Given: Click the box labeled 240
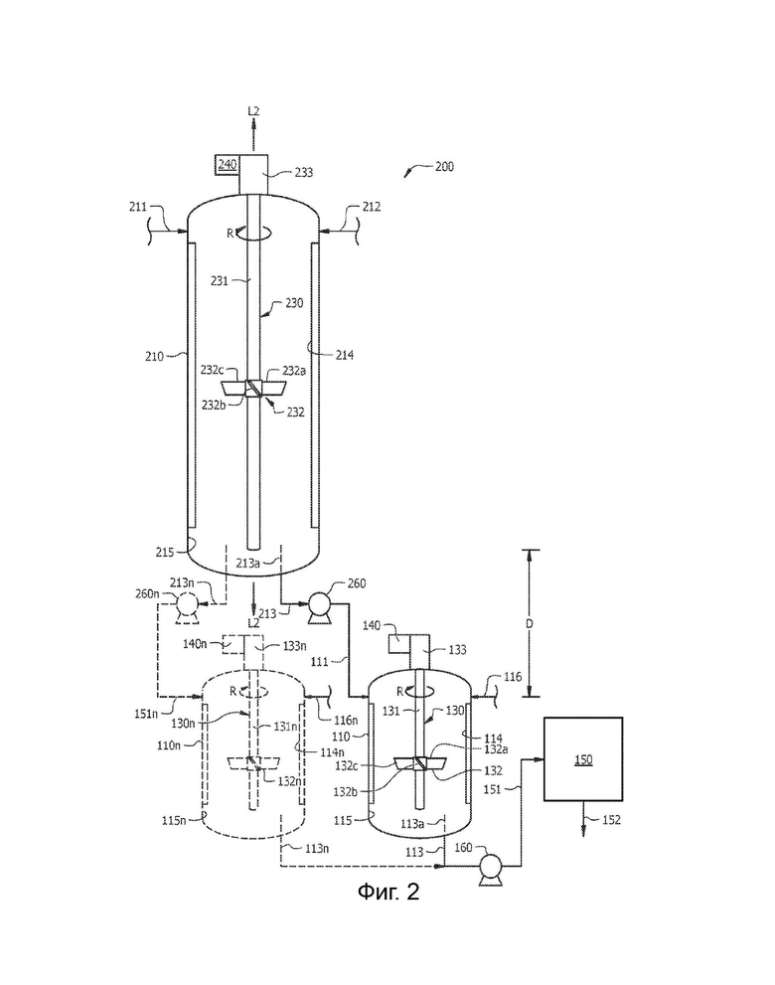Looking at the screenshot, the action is [228, 165].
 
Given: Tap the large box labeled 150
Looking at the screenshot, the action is [583, 758].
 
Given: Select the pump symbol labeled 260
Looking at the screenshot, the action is [316, 607].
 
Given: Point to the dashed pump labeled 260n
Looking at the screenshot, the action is [187, 606].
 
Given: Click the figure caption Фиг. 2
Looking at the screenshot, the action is [388, 892].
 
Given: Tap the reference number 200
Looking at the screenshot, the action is [444, 167].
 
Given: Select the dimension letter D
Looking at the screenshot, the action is [530, 624].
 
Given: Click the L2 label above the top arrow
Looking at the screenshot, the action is [253, 111].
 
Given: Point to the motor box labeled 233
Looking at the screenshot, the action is [253, 175].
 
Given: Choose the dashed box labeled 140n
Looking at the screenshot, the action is [234, 644].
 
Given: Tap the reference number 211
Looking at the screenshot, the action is [138, 207].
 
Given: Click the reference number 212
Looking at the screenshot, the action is [372, 207].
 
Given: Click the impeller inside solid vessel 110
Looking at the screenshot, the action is [419, 763].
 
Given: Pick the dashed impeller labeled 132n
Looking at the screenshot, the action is [253, 762].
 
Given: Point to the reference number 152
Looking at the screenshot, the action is [611, 820].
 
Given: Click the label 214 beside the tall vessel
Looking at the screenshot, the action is [344, 356].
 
